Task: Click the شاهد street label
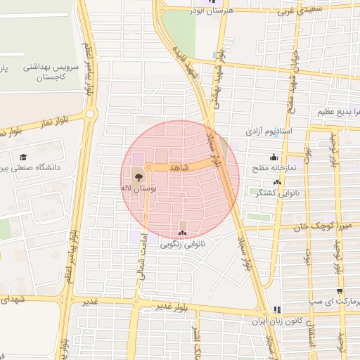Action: (179, 168)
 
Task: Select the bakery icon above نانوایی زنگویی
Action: (182, 233)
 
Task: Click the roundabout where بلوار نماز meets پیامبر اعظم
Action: (89, 114)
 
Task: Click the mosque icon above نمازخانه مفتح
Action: (274, 157)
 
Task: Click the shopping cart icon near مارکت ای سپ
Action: (340, 291)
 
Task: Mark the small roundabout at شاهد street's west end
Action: (148, 167)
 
